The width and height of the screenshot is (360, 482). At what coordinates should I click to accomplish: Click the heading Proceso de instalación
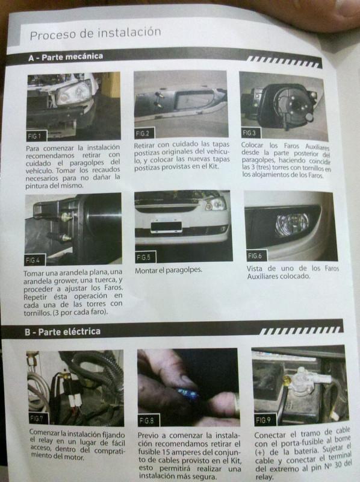coord(95,33)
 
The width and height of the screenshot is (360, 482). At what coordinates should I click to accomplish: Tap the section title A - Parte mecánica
coord(66,57)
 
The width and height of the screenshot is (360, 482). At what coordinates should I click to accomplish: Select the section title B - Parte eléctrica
coord(63,332)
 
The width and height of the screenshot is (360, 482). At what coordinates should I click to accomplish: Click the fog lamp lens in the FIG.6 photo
coord(292,224)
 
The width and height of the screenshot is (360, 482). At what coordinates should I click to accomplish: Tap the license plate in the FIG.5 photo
coord(166,225)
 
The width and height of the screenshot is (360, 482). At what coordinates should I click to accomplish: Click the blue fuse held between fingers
coord(187,393)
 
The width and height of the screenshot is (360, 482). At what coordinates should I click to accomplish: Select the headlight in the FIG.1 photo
coord(73,92)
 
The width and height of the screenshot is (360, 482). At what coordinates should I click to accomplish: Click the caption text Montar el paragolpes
coord(169,271)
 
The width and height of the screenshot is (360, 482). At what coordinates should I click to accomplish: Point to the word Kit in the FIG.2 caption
coord(213,167)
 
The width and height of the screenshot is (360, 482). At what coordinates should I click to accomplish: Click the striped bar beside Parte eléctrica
coord(300,330)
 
